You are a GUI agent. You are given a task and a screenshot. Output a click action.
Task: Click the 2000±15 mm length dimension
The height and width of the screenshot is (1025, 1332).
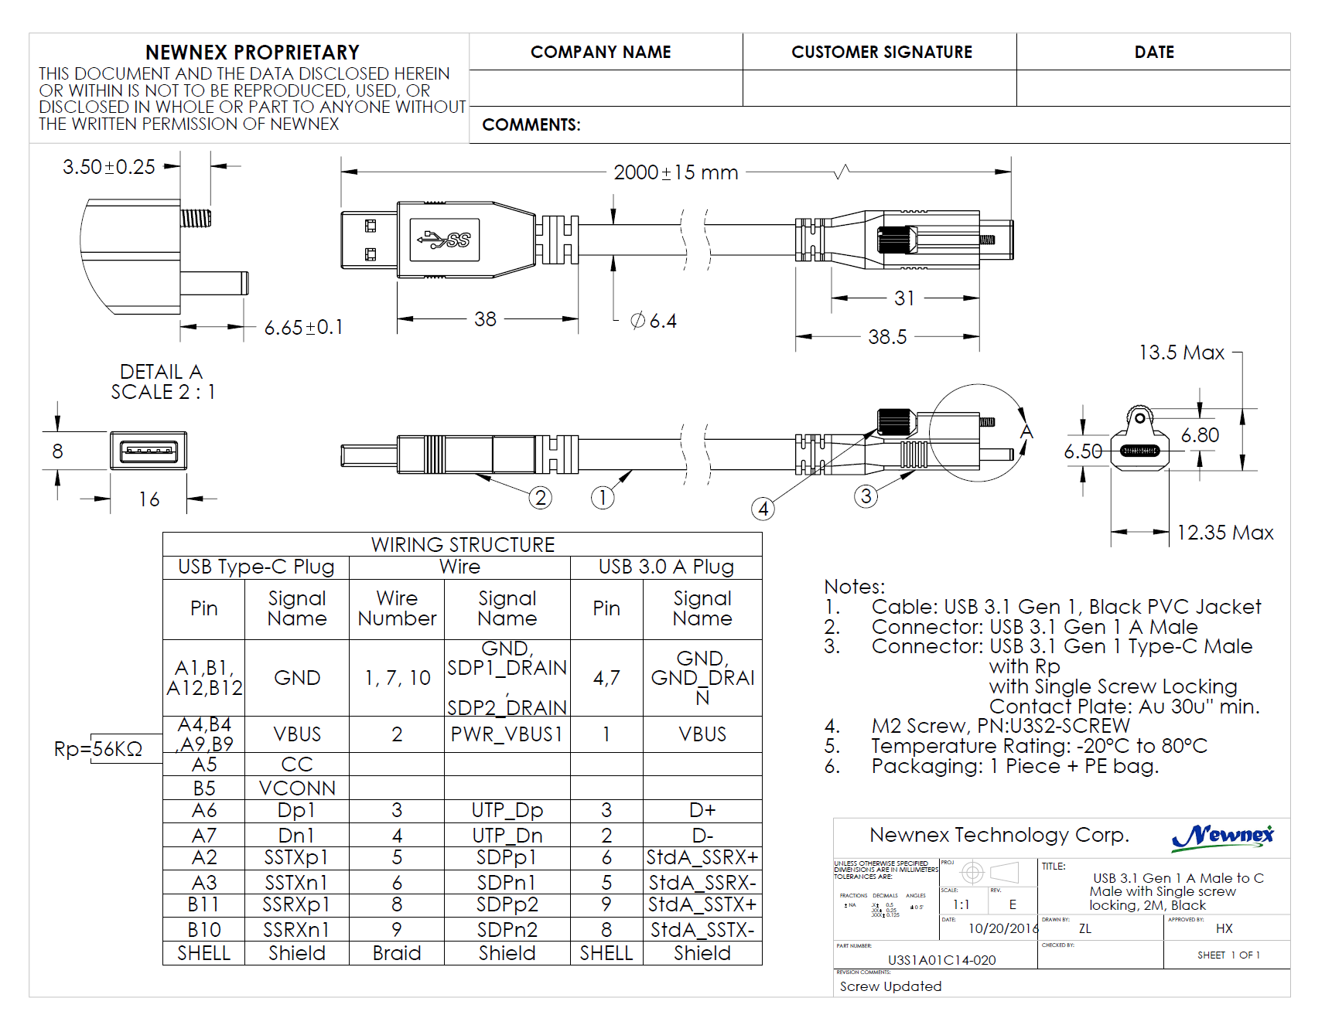point(675,172)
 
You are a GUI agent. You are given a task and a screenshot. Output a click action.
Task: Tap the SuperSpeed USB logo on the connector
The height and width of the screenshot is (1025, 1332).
point(445,240)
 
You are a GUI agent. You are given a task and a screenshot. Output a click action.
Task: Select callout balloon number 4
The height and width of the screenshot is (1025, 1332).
point(763,509)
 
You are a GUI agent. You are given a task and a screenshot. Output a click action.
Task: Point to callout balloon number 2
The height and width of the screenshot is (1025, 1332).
point(540,498)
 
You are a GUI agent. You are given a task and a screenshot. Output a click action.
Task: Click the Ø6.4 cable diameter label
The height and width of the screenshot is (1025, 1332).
point(654,321)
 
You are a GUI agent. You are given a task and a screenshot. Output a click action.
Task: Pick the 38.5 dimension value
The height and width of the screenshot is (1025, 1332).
point(886,337)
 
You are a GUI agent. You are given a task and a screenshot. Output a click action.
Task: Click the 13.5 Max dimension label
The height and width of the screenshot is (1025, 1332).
point(1181,353)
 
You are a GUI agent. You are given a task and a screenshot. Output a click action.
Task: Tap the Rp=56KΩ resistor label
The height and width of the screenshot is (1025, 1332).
point(98,749)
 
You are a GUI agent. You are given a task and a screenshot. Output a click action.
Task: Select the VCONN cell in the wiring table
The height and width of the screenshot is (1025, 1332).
point(297,788)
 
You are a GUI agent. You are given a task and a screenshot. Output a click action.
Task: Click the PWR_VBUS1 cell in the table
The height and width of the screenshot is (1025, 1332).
point(507,734)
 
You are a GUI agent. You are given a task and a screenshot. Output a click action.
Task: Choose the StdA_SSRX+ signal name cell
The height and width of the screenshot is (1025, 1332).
point(702,857)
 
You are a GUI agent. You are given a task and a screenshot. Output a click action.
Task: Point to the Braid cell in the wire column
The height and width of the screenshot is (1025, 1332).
point(397,953)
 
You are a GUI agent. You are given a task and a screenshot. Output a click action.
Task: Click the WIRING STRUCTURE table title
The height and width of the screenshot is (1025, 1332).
point(463,545)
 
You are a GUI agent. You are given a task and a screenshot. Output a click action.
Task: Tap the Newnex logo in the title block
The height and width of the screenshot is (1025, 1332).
point(1222,836)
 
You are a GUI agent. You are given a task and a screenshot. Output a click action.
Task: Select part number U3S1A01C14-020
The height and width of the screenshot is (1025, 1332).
point(941,960)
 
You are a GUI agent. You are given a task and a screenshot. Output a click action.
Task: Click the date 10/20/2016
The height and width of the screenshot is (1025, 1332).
point(1003,928)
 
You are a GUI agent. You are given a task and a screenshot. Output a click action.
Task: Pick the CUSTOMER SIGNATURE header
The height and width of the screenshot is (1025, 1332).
point(881,52)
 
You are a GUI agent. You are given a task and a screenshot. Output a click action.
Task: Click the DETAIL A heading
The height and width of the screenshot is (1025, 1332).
point(161,372)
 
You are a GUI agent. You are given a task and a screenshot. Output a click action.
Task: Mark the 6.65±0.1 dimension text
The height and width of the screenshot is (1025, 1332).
point(303,328)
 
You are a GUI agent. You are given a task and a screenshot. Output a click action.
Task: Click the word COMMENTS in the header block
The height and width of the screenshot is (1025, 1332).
point(531,125)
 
